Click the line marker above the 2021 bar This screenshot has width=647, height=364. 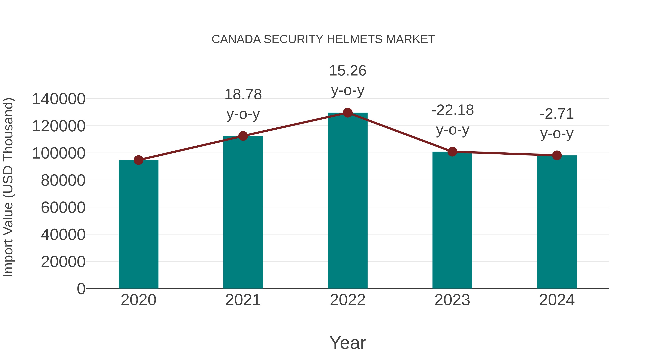(x=243, y=136)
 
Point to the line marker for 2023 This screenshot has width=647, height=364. (x=452, y=152)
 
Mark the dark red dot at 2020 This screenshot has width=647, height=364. (x=138, y=160)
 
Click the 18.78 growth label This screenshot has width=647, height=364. (x=243, y=95)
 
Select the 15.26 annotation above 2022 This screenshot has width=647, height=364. (x=348, y=71)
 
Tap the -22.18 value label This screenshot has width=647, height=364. (x=452, y=110)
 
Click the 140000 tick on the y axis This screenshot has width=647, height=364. (x=59, y=99)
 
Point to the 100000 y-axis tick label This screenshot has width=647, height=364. (x=59, y=153)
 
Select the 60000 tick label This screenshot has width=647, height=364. (x=63, y=207)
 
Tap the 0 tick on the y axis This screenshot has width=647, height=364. (x=81, y=289)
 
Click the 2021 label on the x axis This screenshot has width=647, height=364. (x=243, y=300)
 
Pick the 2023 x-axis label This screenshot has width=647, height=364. (x=452, y=300)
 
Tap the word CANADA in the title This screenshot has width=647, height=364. (x=236, y=39)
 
